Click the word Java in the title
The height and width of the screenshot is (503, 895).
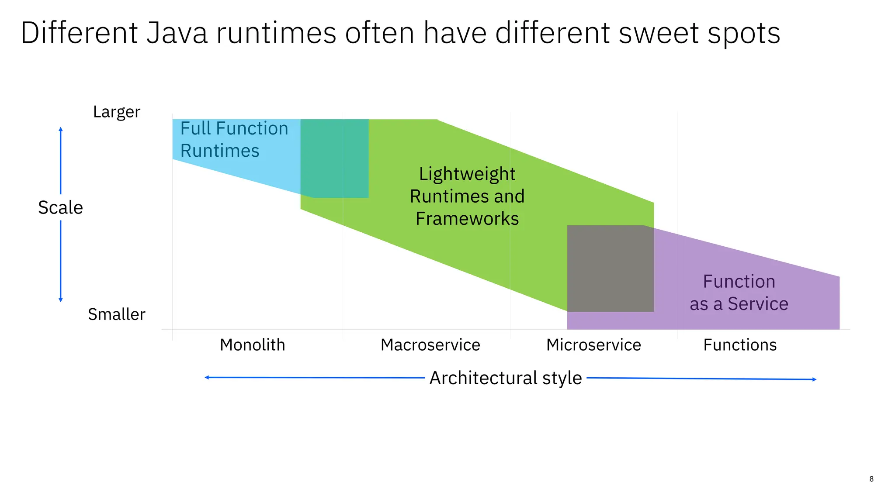177,33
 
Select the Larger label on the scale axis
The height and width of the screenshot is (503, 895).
117,112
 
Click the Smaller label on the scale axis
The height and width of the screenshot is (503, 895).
117,314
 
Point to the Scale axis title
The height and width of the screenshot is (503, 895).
60,207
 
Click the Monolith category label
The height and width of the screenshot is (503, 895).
253,345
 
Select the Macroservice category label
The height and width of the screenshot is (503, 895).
430,345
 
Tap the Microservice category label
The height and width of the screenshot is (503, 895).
593,345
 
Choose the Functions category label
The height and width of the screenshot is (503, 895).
740,345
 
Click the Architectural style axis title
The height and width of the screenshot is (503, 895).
506,378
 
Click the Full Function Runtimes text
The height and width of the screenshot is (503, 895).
234,139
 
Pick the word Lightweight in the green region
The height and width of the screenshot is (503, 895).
467,174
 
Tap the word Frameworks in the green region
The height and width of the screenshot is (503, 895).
467,219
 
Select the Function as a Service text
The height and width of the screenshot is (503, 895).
739,293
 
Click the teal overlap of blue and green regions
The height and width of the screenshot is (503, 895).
335,158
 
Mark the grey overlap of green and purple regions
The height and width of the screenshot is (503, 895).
610,269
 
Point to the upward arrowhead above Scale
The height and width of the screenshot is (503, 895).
61,129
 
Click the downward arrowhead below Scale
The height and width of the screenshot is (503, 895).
61,300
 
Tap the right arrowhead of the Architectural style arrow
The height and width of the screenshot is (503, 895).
814,379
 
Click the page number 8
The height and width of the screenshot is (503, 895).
871,479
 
